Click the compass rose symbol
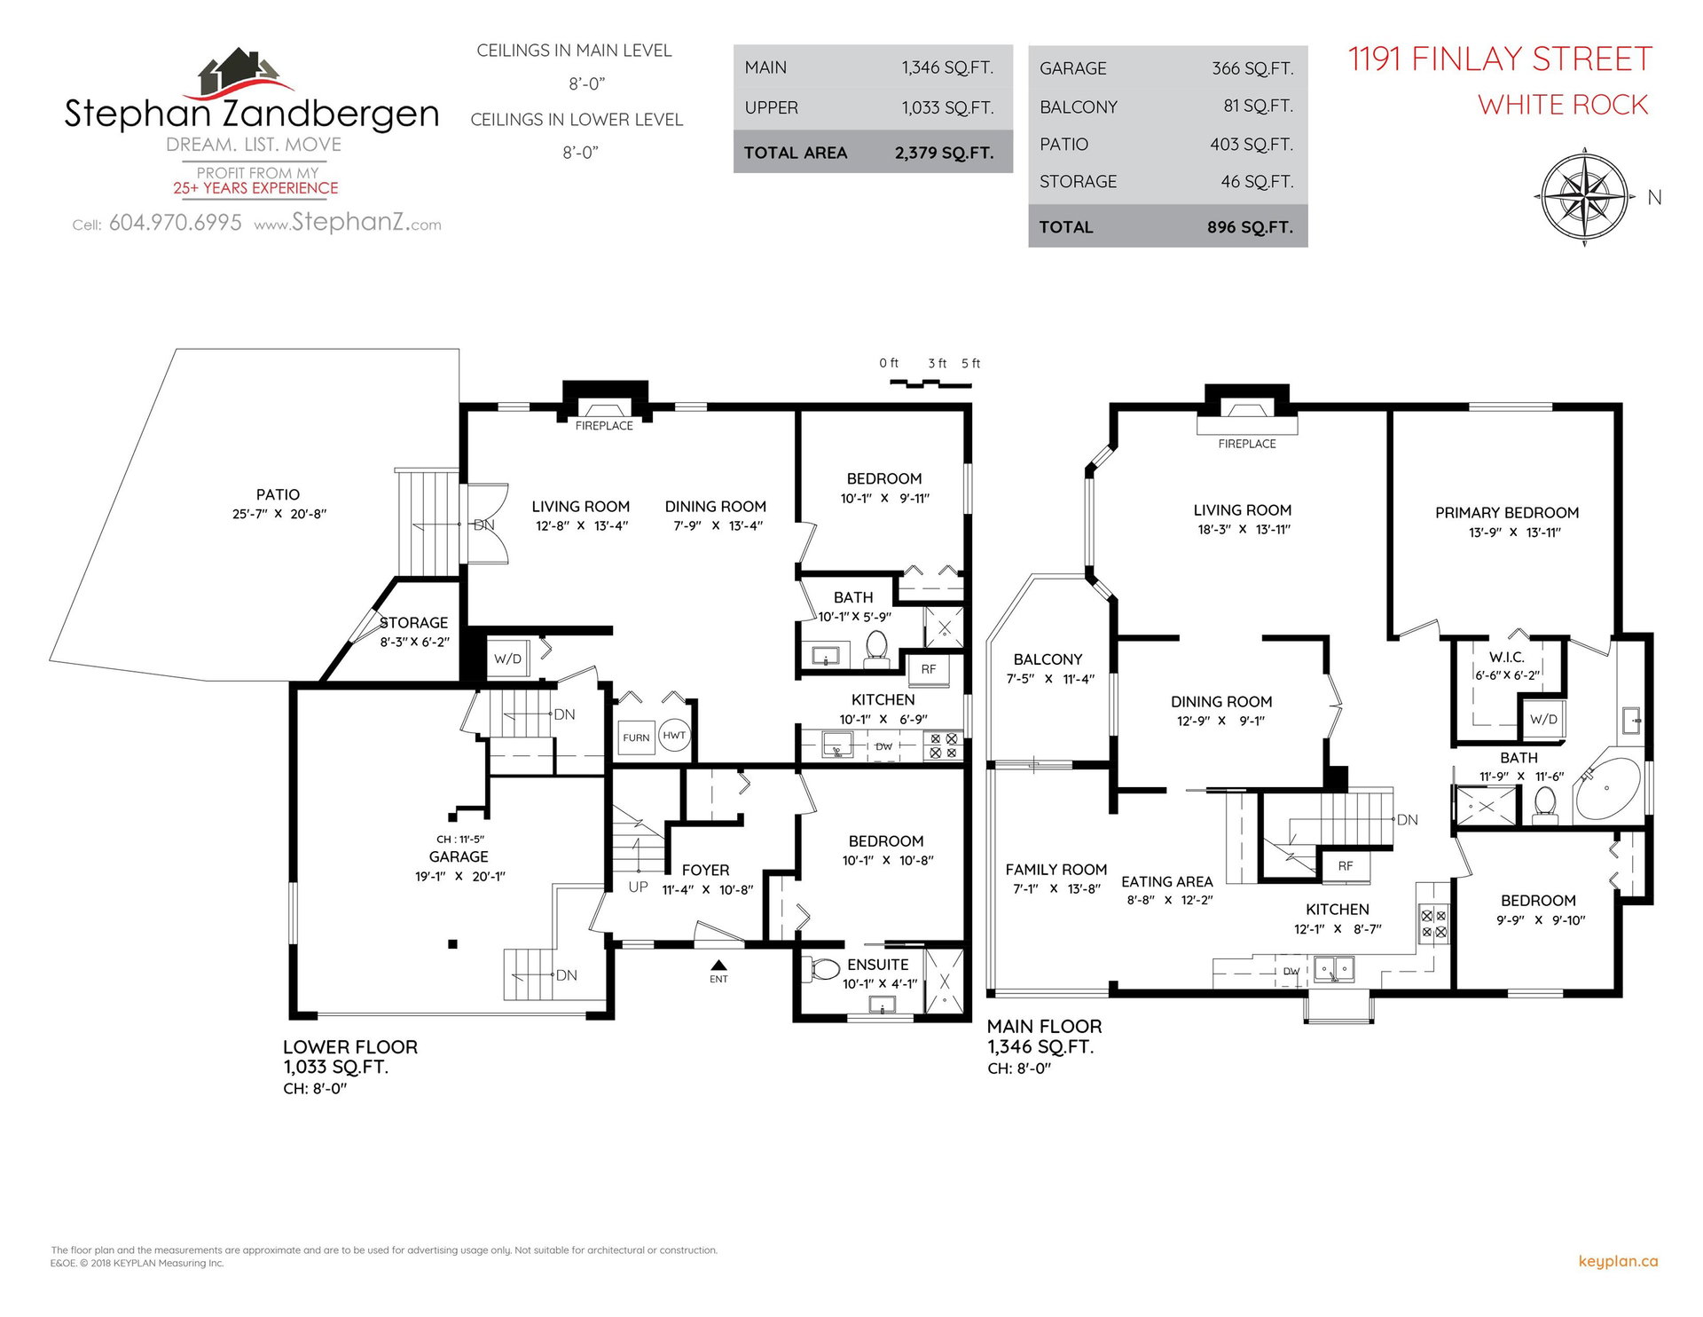click(1585, 196)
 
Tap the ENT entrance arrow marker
click(718, 966)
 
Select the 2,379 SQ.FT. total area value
click(944, 153)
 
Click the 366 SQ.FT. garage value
click(1252, 68)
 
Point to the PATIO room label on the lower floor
click(278, 494)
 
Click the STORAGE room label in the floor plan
click(414, 623)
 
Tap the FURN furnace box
click(636, 737)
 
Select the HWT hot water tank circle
click(674, 735)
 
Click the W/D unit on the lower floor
click(508, 658)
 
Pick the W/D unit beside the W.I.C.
click(1543, 719)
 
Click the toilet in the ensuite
click(822, 969)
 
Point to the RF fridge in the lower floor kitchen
click(928, 669)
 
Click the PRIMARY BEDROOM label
click(1507, 513)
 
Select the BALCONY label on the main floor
click(1048, 659)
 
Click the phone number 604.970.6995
click(175, 223)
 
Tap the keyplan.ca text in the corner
click(1618, 1261)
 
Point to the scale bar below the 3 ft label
click(930, 383)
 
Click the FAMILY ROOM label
click(1056, 870)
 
